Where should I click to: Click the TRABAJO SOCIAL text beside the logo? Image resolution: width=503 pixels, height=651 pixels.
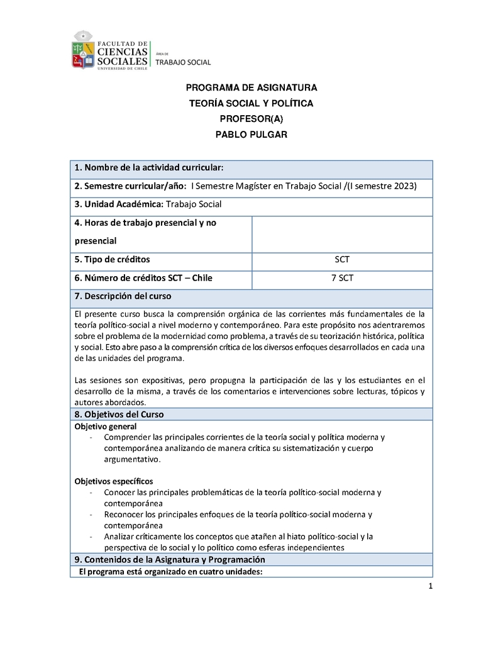coord(183,62)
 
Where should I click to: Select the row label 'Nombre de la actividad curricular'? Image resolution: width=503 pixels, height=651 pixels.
coord(149,167)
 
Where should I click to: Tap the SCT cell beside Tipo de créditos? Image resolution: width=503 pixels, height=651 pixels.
coord(342,259)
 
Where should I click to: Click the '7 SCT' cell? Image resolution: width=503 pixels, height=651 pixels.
coord(342,277)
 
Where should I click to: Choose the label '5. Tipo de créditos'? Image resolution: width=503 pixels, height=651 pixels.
coord(113,259)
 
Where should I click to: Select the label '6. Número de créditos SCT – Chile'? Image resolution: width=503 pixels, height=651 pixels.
coord(144,277)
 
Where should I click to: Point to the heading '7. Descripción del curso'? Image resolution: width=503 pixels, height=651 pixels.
coord(123,296)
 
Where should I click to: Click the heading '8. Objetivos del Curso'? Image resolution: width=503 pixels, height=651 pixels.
coord(119,415)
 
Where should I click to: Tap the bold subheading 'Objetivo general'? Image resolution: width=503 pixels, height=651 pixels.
coord(101,426)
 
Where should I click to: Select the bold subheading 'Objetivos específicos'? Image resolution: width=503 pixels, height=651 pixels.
coord(113,481)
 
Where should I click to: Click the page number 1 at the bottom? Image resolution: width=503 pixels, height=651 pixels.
coord(430,587)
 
